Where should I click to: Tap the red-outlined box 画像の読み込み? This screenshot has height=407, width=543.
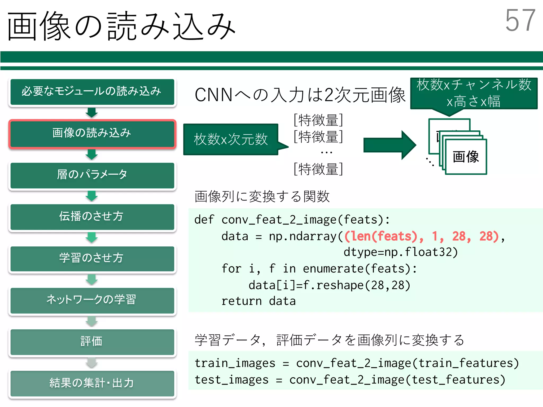92,133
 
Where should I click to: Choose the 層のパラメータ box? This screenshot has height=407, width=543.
92,175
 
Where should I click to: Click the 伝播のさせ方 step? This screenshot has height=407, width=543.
92,216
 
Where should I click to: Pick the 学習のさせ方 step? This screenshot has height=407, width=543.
92,258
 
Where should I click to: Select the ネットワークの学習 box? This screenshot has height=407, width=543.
92,300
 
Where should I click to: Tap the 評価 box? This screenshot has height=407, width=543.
92,342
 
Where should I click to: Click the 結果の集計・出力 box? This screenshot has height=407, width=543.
92,383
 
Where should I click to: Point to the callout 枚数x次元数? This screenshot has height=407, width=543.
230,139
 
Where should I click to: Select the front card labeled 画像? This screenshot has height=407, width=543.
466,157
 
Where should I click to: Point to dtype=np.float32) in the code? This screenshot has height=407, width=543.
400,252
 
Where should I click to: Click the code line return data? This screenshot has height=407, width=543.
258,301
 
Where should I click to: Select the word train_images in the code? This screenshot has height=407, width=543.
235,363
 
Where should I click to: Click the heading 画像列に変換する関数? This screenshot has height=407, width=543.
262,197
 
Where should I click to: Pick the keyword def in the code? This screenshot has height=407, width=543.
204,220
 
